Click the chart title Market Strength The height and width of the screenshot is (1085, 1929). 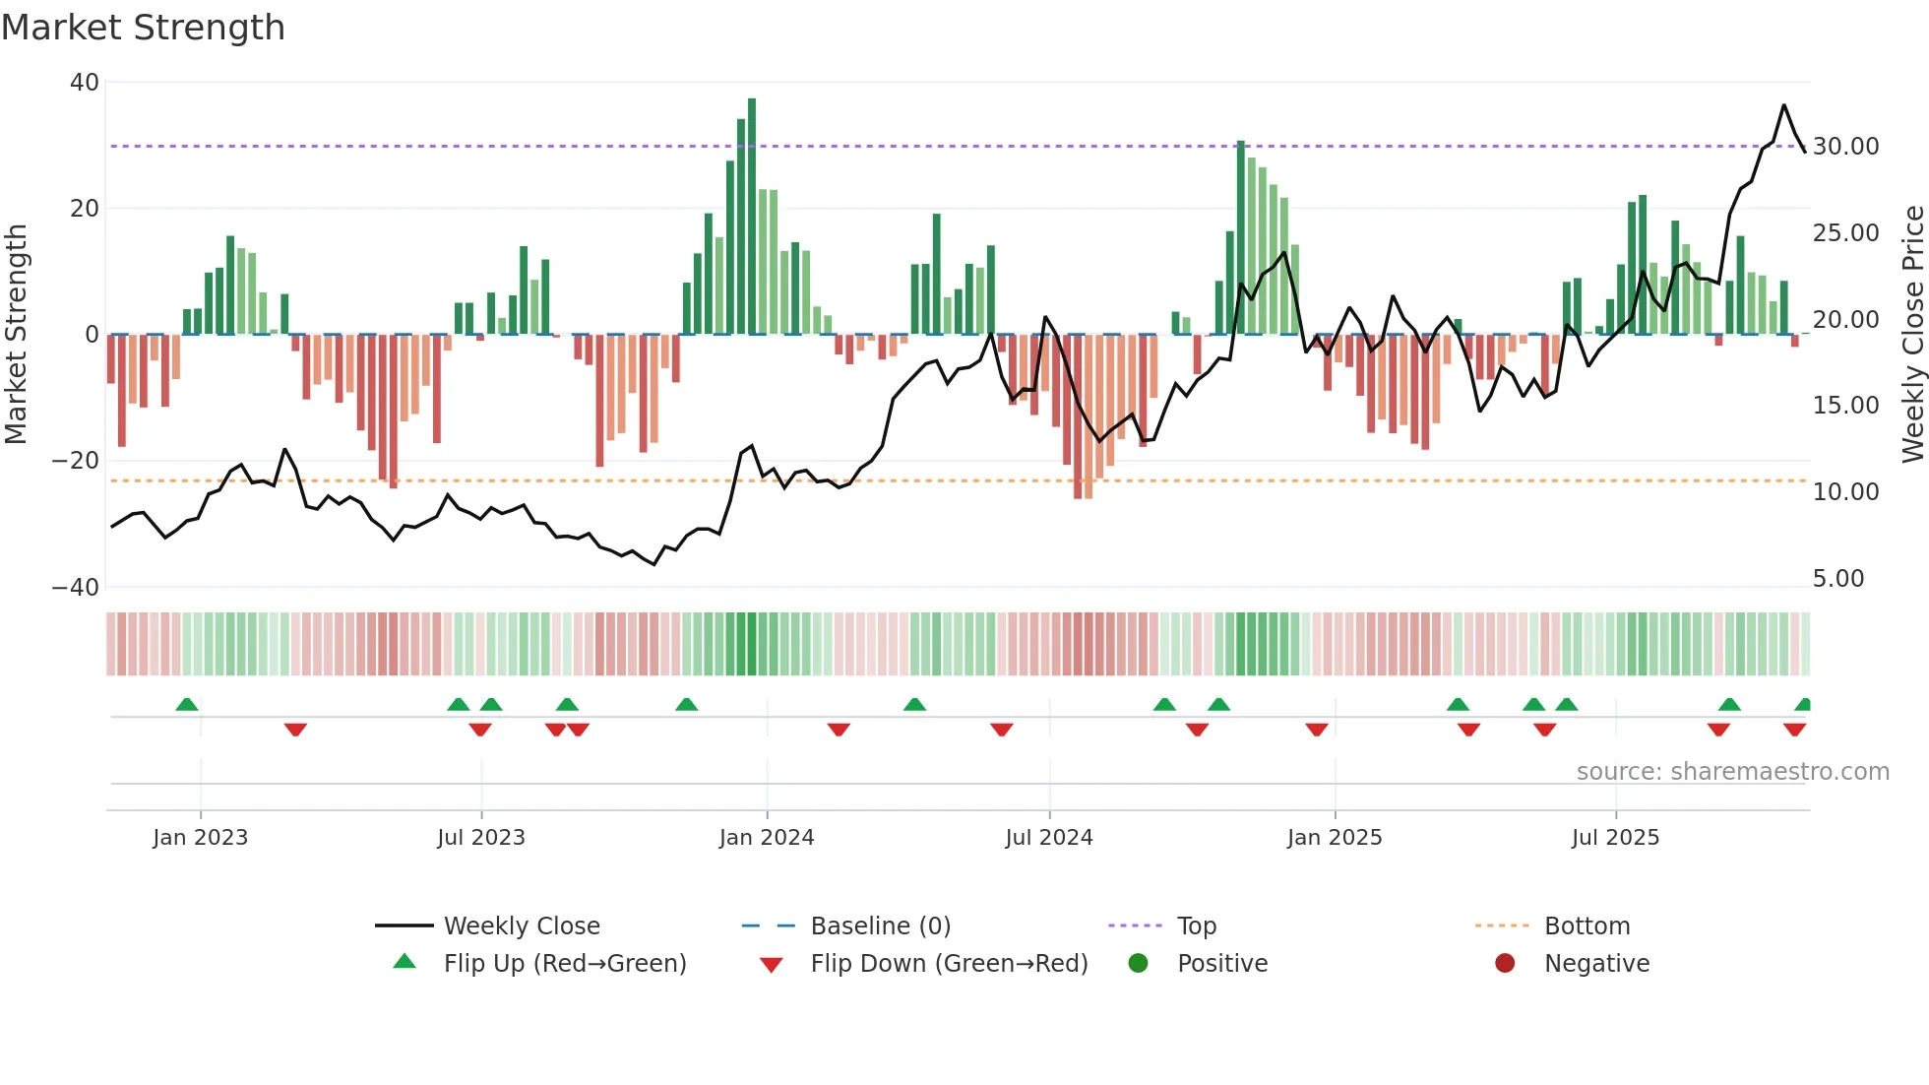coord(143,28)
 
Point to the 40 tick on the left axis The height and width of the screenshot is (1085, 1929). coord(85,83)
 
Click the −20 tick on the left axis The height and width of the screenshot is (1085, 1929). coord(75,461)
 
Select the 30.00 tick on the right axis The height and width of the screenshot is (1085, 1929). coord(1845,147)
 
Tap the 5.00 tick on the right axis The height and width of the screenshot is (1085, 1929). coord(1837,579)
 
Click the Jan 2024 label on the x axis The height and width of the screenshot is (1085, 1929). coord(767,838)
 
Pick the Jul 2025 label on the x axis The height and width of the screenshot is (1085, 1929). coord(1615,838)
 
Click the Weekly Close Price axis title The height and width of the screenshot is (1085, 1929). coord(1912,335)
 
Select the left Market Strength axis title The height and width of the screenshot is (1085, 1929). coord(17,335)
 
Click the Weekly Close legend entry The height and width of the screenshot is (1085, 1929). coord(521,926)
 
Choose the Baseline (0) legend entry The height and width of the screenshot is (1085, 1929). coord(880,926)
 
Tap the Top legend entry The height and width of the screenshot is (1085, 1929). coord(1196,926)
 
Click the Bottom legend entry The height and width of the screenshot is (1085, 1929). coord(1587,926)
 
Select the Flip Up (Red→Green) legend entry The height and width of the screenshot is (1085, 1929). coord(564,964)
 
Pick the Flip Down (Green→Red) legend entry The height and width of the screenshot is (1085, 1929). coord(949,964)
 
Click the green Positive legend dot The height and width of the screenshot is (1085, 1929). coord(1138,964)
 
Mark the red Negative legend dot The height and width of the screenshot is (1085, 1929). coord(1505,964)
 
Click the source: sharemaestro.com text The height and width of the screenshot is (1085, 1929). coord(1732,772)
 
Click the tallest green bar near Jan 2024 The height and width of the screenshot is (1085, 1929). coord(752,217)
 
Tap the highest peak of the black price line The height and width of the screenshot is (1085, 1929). coord(1783,105)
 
